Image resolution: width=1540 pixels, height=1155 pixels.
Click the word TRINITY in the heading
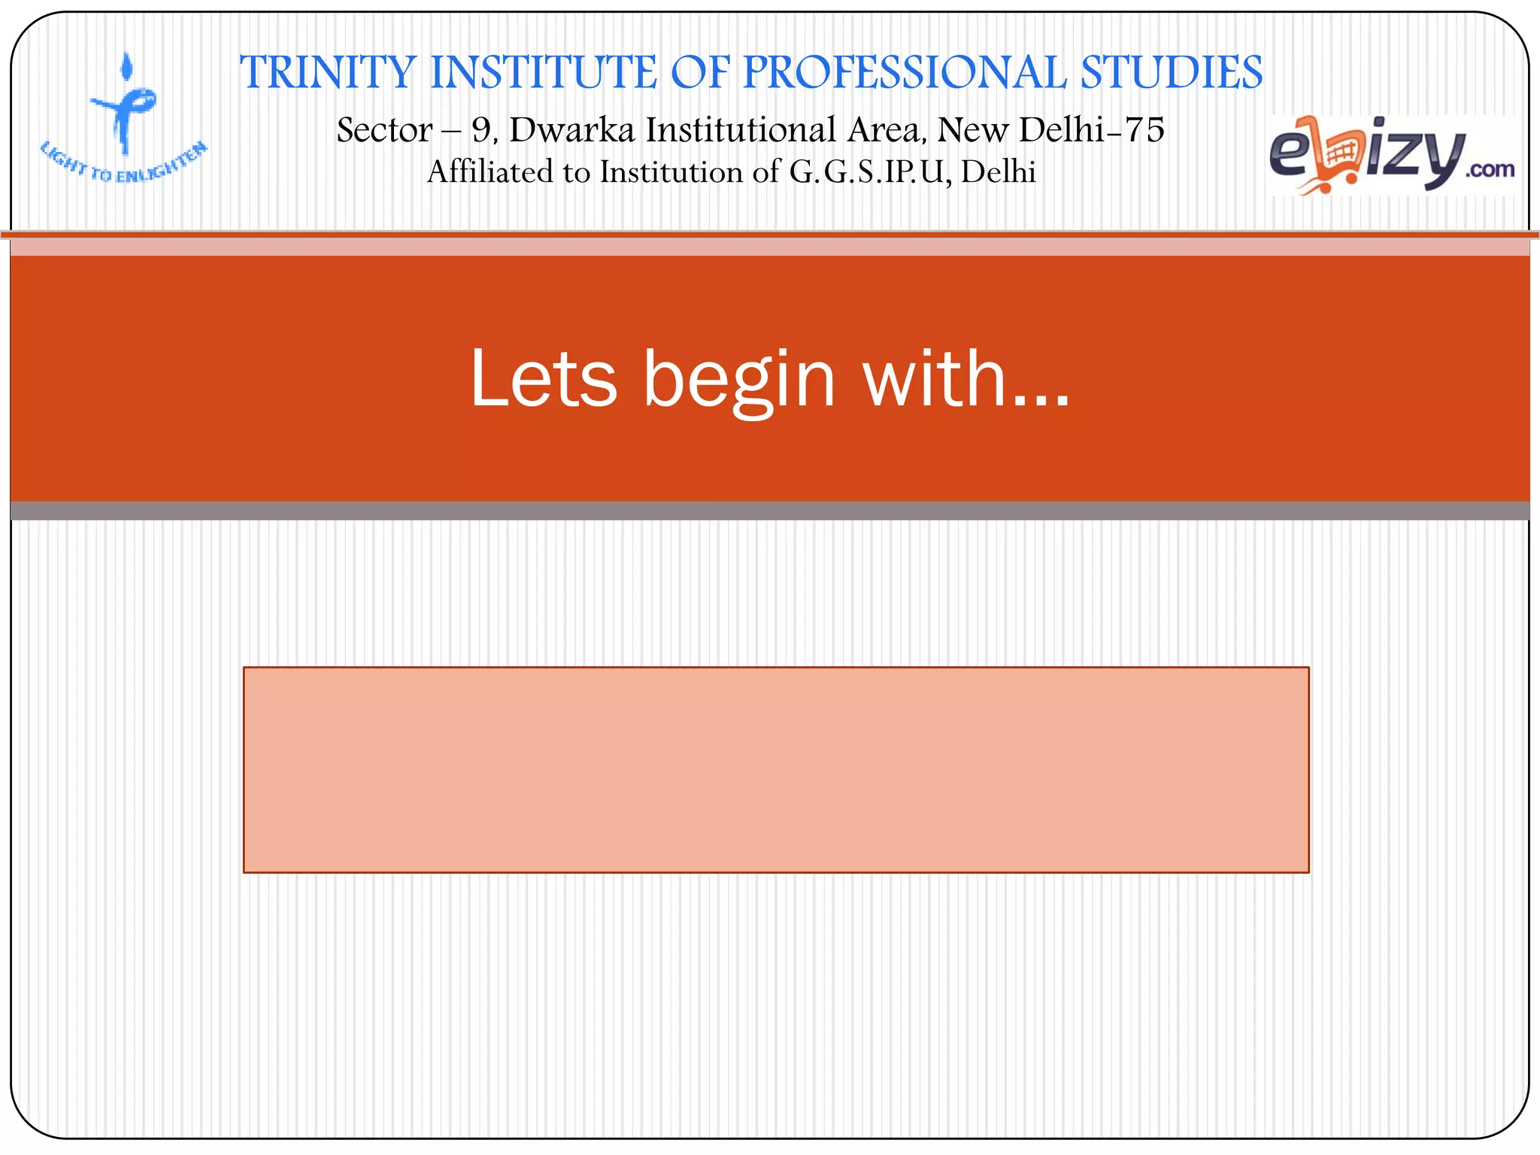328,73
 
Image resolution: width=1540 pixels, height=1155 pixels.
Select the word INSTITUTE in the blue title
542,73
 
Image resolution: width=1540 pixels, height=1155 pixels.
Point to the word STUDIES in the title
1171,73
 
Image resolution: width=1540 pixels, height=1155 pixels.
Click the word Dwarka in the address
572,130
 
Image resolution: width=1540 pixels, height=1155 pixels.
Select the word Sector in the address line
384,130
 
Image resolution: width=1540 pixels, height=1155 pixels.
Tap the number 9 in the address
480,130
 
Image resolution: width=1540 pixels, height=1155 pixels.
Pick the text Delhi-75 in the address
1091,130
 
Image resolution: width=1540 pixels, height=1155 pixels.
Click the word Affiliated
490,172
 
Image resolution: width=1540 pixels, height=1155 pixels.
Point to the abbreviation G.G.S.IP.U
870,172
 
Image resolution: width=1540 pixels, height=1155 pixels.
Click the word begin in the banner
738,380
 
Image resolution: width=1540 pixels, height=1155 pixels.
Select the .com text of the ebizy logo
1489,170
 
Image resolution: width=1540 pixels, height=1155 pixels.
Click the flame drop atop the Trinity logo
128,66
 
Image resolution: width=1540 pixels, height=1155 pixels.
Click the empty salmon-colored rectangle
776,769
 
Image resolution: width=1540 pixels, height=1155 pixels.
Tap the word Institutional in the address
740,130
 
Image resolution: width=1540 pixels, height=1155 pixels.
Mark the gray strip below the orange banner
770,511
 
